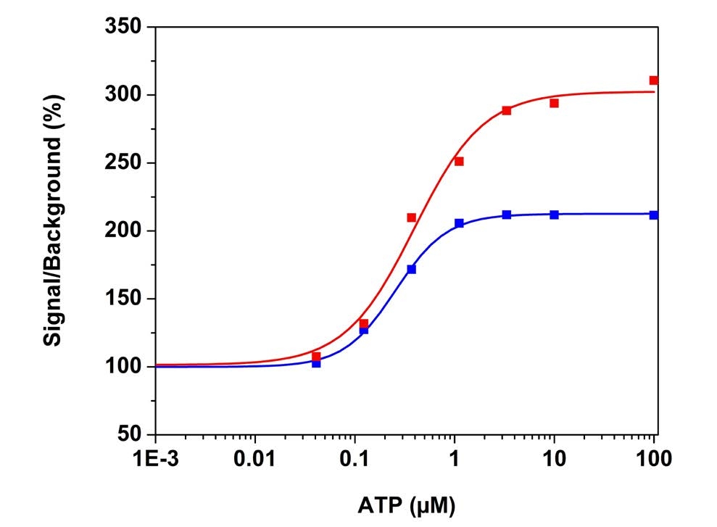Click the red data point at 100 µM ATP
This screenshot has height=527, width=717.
coord(653,80)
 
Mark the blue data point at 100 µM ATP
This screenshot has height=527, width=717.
coord(653,215)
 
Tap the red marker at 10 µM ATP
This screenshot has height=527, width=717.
coord(554,103)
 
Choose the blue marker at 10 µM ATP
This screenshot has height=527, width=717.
coord(554,215)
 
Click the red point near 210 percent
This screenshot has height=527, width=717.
coord(411,217)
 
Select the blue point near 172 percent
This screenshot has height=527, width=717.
coord(411,269)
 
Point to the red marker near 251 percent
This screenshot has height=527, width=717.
coord(459,162)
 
